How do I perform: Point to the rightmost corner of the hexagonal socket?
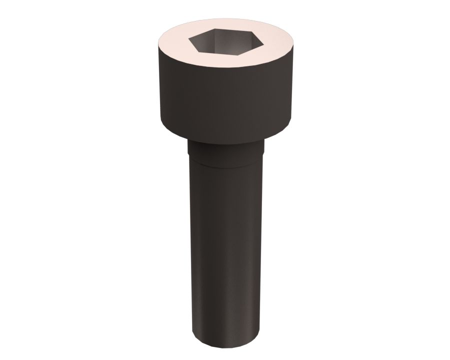pos(261,41)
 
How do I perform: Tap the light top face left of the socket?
pos(172,42)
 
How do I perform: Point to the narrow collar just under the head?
pos(225,150)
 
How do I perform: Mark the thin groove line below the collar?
pos(225,163)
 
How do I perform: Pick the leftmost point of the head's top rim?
pos(156,42)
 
